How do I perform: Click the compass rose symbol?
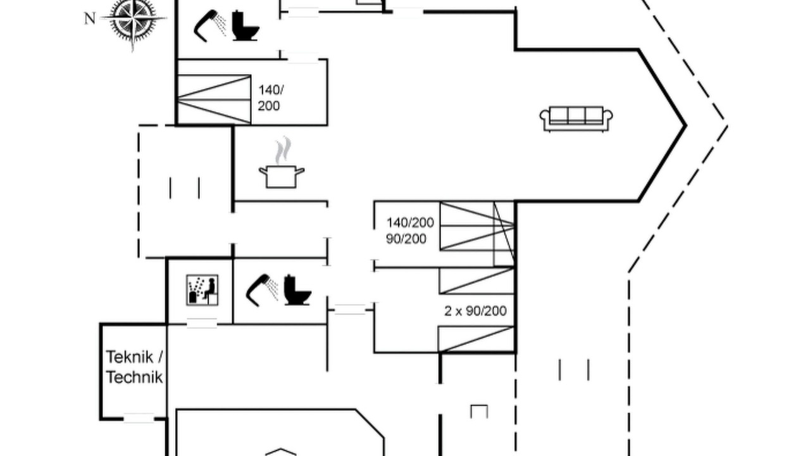pos(133,19)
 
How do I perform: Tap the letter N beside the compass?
pos(90,18)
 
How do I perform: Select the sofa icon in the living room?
pos(576,118)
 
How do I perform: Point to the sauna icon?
pos(202,290)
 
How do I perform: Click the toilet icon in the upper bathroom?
pos(246,25)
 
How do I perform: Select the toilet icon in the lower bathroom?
pos(297,290)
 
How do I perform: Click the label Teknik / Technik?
pos(134,367)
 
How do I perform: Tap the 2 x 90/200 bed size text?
pos(475,311)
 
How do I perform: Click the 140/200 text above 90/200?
pos(410,222)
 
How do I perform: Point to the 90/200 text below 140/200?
pos(406,239)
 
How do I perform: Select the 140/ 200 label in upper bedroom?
pos(270,98)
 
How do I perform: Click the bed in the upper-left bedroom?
pos(214,99)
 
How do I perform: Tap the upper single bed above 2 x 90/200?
pos(477,281)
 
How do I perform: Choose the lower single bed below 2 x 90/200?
pos(476,339)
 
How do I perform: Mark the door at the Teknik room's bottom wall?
pos(139,419)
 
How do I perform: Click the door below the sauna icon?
pos(202,323)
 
